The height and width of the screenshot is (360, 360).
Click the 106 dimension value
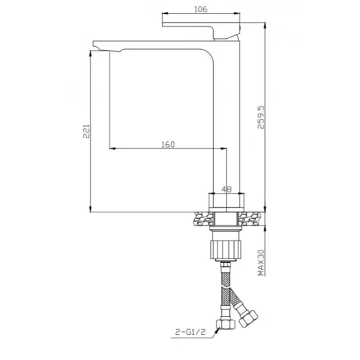(200, 9)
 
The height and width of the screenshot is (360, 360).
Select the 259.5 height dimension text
(261, 117)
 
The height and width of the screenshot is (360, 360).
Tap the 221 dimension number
(86, 131)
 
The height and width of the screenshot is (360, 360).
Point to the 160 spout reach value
(168, 145)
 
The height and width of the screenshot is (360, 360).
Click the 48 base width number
(227, 189)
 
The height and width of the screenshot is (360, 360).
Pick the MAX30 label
(261, 263)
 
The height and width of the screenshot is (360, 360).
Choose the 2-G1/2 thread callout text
(191, 332)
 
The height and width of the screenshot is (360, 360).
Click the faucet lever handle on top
(201, 30)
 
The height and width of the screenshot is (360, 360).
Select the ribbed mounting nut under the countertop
(225, 250)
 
